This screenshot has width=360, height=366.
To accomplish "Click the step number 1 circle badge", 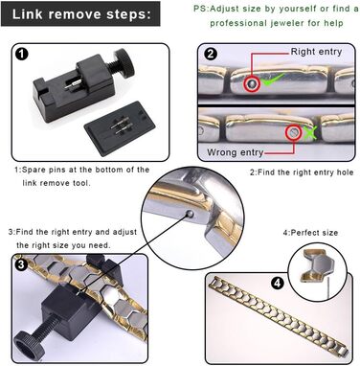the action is tap(22, 54).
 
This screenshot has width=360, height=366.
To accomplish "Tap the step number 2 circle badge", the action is tap(210, 54).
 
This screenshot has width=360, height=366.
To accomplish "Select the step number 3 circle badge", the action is tap(21, 264).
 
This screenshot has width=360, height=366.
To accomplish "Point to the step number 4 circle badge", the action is tap(278, 283).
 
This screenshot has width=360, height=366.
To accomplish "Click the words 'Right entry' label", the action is tap(316, 52).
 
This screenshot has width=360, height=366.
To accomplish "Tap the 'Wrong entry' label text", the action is tap(235, 152).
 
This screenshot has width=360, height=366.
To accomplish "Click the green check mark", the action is tap(273, 80).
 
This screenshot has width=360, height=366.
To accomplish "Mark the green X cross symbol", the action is tap(308, 132).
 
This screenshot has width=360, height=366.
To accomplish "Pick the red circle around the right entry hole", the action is tap(252, 84).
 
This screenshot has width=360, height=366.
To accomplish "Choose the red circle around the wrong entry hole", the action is tap(294, 132).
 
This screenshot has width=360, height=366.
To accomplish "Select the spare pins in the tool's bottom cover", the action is tap(120, 128).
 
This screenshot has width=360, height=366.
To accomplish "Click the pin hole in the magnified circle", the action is tap(190, 214).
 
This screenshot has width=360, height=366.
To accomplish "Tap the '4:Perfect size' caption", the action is tap(310, 233).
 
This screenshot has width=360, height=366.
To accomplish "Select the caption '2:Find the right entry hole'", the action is tap(302, 172).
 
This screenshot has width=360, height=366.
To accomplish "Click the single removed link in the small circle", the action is tap(317, 265).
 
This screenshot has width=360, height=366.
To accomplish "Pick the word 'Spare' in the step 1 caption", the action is tap(34, 170).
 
